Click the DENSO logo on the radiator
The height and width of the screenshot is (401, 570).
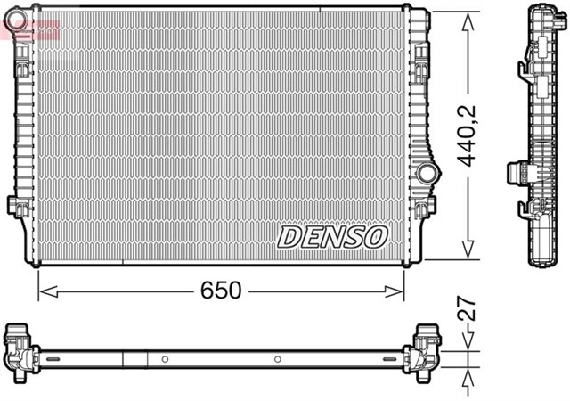(x=333, y=236)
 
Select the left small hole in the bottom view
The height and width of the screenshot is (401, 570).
(x=166, y=360)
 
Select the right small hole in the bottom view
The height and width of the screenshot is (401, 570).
(x=277, y=360)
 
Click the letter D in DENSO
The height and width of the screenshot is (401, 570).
(x=289, y=237)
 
